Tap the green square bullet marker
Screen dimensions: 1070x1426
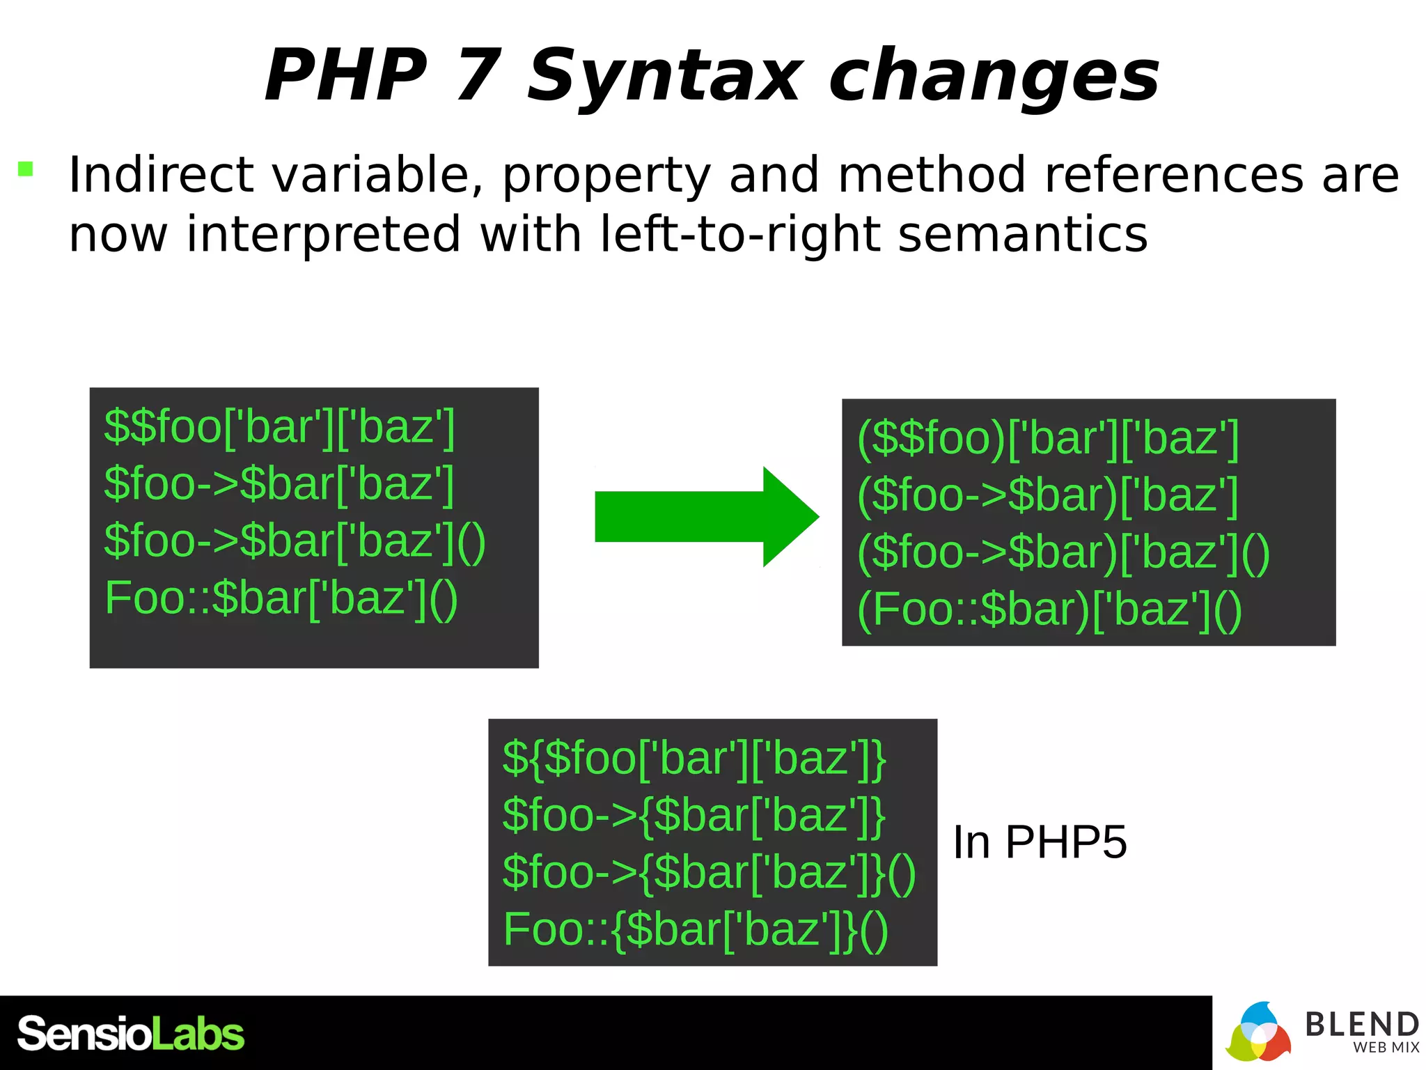click(26, 169)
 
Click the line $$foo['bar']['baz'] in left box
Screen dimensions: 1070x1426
click(279, 426)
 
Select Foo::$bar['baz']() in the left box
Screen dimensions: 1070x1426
click(281, 598)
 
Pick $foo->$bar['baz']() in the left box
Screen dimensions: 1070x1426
click(295, 541)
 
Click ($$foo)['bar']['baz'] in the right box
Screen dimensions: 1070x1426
click(1048, 438)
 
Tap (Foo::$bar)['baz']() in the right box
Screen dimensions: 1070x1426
click(1049, 610)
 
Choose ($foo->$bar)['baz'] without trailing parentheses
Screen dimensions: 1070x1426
click(1048, 495)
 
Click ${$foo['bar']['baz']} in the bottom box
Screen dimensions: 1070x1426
click(694, 758)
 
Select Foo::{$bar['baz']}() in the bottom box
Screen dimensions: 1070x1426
click(696, 929)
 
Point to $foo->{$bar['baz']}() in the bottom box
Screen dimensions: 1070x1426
click(709, 872)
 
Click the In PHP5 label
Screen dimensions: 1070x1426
click(1040, 842)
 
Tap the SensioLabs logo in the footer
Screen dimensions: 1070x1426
click(130, 1033)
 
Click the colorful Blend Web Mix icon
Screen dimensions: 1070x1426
click(1258, 1033)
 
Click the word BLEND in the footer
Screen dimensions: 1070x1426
click(1361, 1024)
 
